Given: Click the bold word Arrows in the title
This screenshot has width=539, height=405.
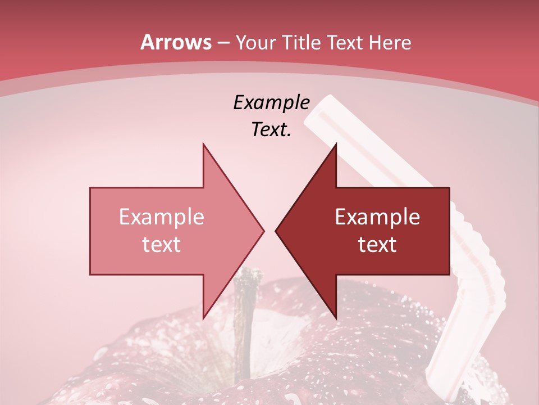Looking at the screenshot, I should coord(176,42).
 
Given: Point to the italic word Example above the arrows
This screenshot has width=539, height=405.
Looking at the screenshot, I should coord(272,103).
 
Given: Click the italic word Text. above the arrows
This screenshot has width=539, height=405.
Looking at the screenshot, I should coord(272,130).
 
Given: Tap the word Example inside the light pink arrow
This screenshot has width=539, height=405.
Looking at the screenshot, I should coord(162,217).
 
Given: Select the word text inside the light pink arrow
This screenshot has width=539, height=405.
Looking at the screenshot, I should coord(162,245).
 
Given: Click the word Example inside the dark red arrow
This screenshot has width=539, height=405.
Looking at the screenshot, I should coord(377,217).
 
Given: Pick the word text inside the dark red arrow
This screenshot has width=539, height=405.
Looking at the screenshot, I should coord(377,245).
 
